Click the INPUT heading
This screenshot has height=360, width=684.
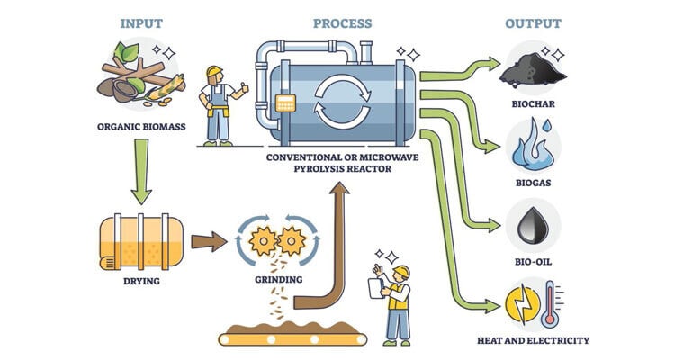[141, 23]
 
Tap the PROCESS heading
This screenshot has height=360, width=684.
[342, 23]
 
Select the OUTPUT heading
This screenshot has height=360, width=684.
[533, 23]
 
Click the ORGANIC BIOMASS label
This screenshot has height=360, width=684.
[141, 127]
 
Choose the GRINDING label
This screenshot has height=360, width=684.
[277, 279]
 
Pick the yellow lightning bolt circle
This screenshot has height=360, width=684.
[521, 304]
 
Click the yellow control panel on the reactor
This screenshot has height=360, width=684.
[287, 103]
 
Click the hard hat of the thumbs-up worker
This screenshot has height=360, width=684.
[214, 72]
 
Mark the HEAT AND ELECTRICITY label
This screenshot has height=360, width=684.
[535, 341]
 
